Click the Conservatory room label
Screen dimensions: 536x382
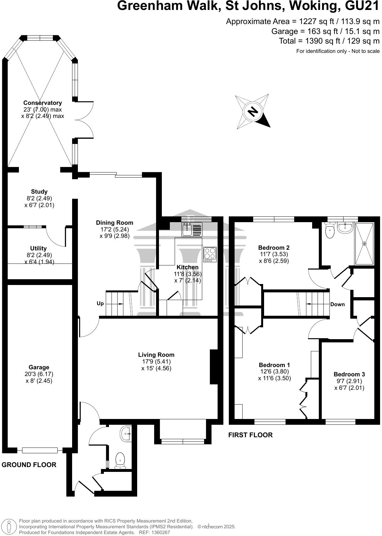pyautogui.click(x=42, y=103)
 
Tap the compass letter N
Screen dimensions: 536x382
pyautogui.click(x=253, y=111)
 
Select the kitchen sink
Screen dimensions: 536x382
pyautogui.click(x=192, y=230)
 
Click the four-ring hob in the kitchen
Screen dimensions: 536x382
pyautogui.click(x=210, y=254)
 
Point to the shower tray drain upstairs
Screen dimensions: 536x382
pyautogui.click(x=364, y=244)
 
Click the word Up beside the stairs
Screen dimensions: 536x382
pyautogui.click(x=100, y=303)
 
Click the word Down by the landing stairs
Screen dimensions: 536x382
pyautogui.click(x=337, y=304)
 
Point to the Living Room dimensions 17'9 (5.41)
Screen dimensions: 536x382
pyautogui.click(x=156, y=362)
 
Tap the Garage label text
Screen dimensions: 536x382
pyautogui.click(x=39, y=367)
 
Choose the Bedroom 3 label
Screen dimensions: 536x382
pyautogui.click(x=349, y=374)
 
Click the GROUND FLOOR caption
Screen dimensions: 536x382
pyautogui.click(x=29, y=465)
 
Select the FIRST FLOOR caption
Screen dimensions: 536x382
pyautogui.click(x=250, y=435)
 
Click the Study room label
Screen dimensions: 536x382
pyautogui.click(x=39, y=192)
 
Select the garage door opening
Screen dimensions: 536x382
pyautogui.click(x=40, y=450)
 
